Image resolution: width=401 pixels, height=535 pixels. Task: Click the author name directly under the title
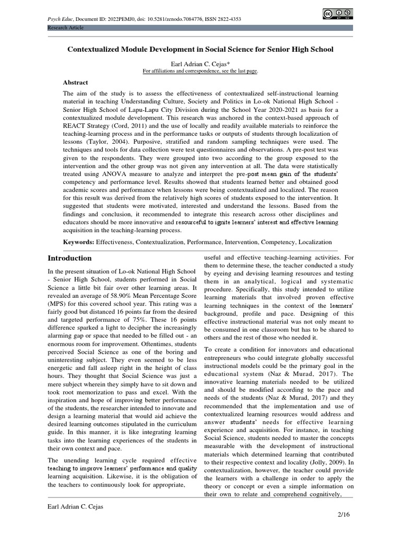(x=200, y=63)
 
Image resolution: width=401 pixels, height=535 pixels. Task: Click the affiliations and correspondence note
(x=200, y=71)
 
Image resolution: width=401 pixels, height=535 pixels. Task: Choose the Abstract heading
(x=76, y=83)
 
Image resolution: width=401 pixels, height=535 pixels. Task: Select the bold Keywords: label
(x=79, y=242)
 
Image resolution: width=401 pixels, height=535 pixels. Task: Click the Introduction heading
(x=69, y=258)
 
